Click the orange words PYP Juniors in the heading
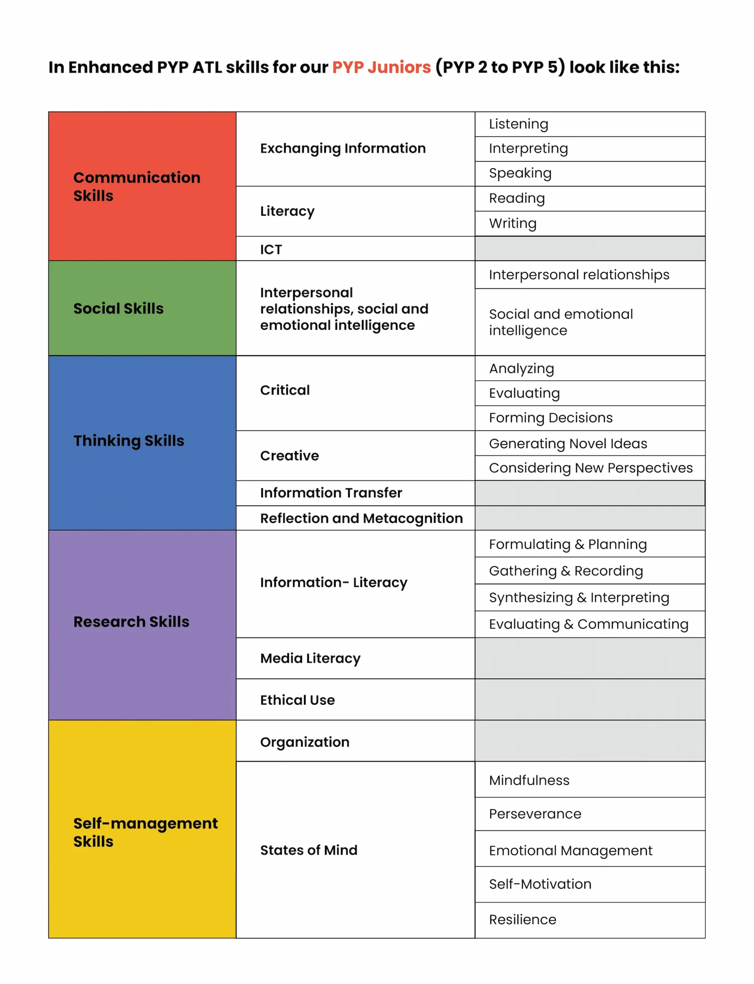click(x=381, y=67)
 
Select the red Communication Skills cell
click(x=137, y=186)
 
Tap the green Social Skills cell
click(x=118, y=309)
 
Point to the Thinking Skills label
click(x=129, y=440)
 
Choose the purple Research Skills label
click(x=131, y=622)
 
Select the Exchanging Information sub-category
click(x=343, y=148)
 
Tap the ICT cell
click(x=271, y=249)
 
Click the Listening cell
click(x=519, y=124)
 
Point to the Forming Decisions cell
click(x=551, y=418)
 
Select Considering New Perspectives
click(x=591, y=468)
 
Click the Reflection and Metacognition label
click(x=361, y=518)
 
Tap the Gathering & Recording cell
click(x=566, y=571)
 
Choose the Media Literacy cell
click(x=310, y=658)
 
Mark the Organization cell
click(x=305, y=742)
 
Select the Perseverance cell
click(x=535, y=814)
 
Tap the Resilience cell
click(x=522, y=919)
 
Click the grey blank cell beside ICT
click(x=590, y=249)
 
